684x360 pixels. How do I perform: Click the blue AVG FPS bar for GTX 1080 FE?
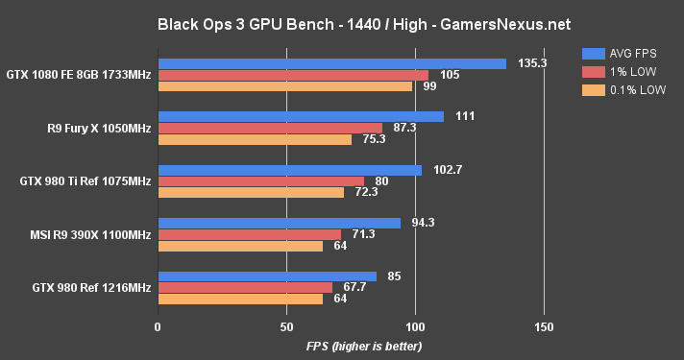[x=331, y=63]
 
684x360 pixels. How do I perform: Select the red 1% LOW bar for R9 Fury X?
[x=270, y=128]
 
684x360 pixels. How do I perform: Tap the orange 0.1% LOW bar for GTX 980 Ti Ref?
[x=250, y=192]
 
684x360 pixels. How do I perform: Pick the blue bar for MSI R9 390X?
[x=279, y=224]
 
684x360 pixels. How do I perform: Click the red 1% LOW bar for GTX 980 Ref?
[x=245, y=287]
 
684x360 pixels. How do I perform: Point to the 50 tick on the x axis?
[x=286, y=326]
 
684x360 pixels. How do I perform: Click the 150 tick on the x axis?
[x=544, y=326]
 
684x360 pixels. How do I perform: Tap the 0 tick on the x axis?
[x=158, y=326]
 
